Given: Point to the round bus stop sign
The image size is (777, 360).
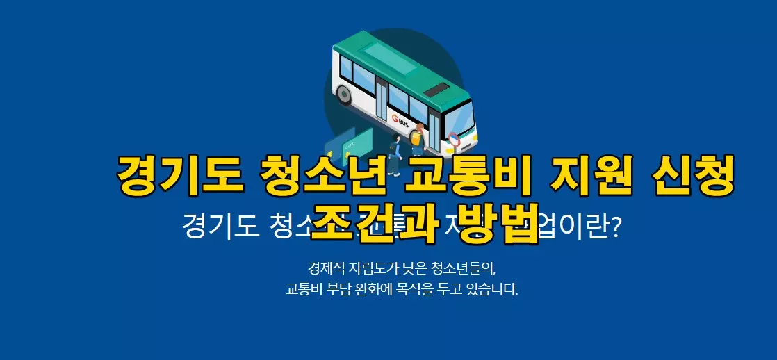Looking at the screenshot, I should [455, 140].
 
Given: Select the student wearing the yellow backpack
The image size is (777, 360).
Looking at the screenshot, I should [417, 141].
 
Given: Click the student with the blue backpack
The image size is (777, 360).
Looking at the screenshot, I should [394, 153].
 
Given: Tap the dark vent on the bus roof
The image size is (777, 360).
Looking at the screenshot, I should [436, 90].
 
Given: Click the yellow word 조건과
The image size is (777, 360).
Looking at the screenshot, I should [374, 222].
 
